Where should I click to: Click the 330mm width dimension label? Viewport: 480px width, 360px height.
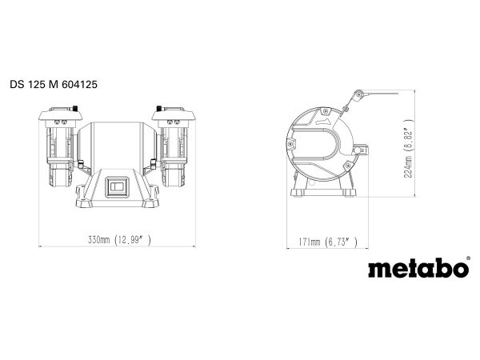point(119,240)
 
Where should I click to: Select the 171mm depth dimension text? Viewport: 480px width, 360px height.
point(328,242)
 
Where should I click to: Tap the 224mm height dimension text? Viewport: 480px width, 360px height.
point(409,149)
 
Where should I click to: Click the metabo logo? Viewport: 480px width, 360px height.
point(418,268)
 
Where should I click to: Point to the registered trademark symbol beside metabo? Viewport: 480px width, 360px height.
point(468,258)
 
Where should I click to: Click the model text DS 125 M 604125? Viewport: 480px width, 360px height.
point(54,85)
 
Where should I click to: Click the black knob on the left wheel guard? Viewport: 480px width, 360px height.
point(74,108)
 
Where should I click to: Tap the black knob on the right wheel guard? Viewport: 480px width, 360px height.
point(159,108)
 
